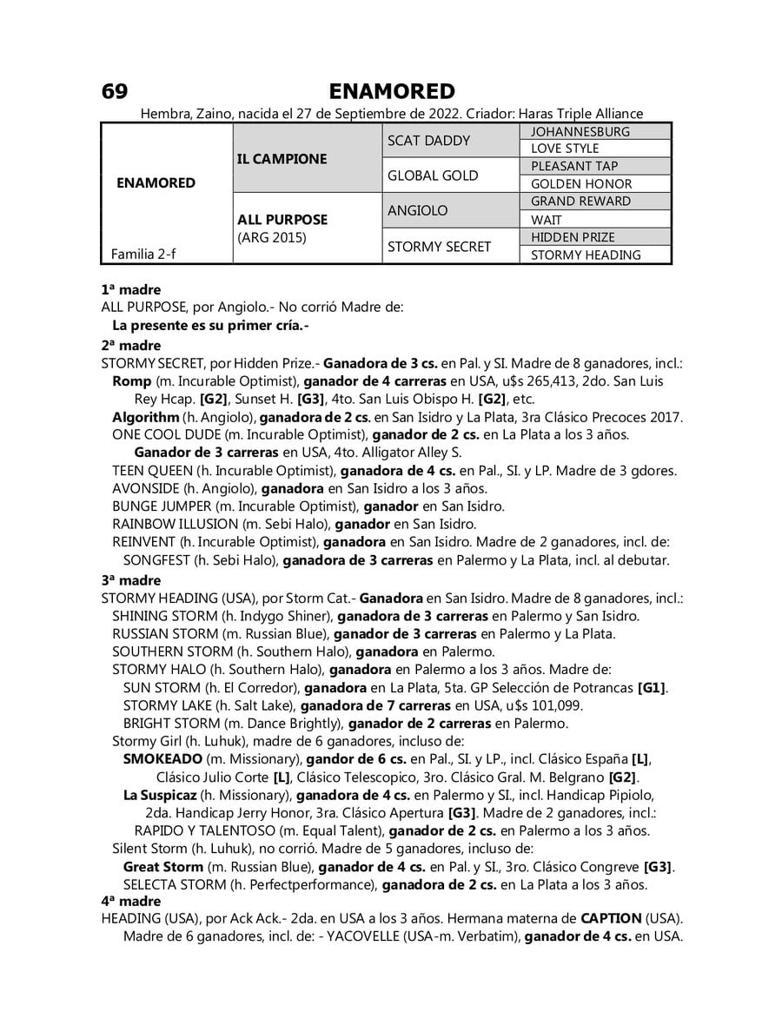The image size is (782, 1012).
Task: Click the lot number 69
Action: point(115,91)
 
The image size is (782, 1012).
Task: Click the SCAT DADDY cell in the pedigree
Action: point(428,141)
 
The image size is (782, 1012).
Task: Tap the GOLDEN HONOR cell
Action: point(581,184)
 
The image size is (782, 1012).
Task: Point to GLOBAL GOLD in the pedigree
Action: point(433,175)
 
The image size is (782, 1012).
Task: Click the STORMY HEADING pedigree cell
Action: point(586,255)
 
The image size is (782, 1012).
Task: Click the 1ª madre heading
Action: point(131,289)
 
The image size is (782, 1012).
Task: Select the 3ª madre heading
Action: point(131,580)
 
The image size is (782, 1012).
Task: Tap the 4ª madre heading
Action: point(131,902)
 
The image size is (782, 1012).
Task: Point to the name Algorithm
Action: point(145,417)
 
